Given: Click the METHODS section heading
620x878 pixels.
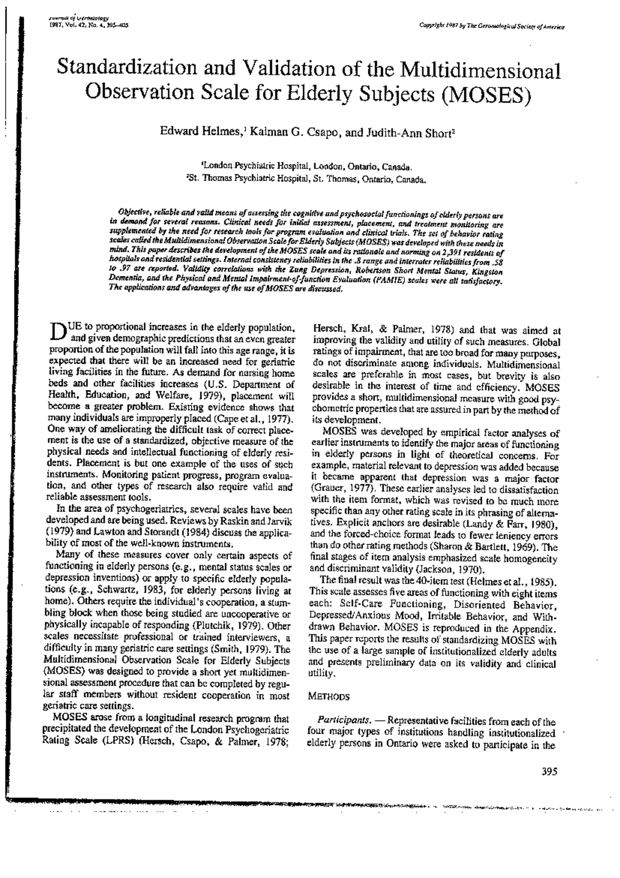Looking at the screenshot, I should (x=329, y=697).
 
